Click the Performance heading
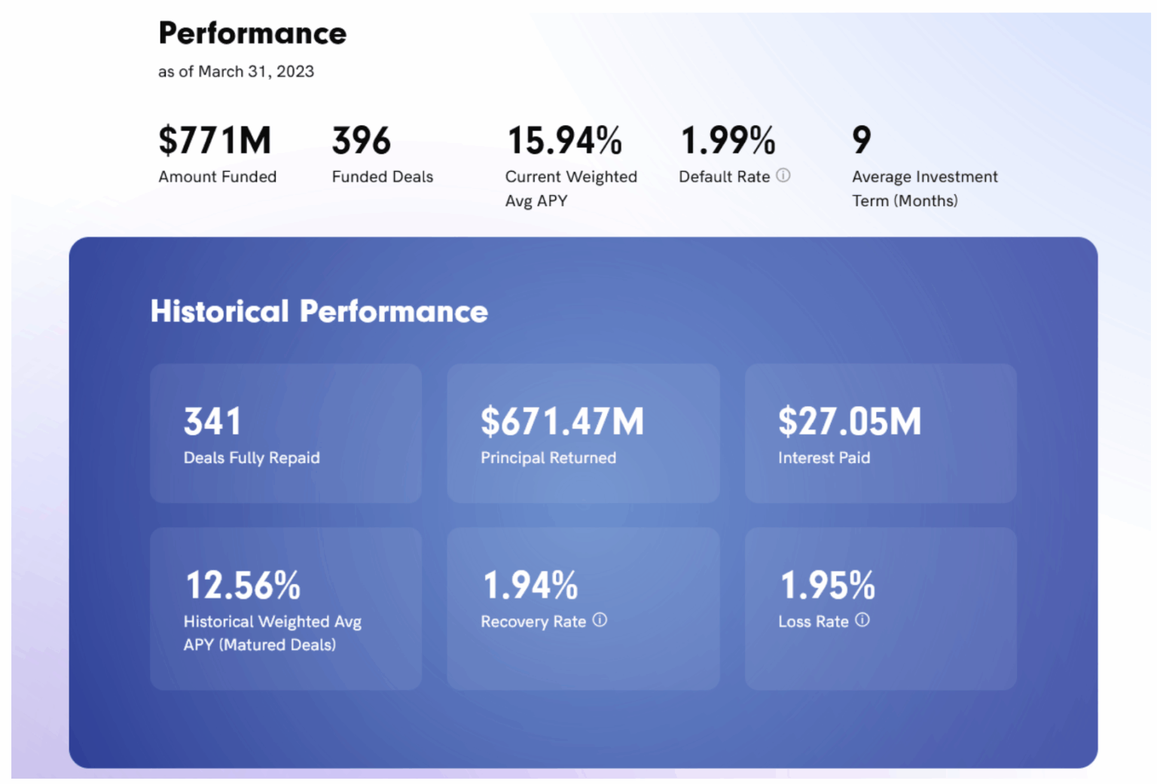pyautogui.click(x=252, y=33)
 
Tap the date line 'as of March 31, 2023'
pyautogui.click(x=236, y=72)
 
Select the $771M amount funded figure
pyautogui.click(x=215, y=140)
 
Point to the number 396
pyautogui.click(x=362, y=140)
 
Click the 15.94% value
pyautogui.click(x=565, y=140)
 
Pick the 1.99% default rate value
pyautogui.click(x=728, y=140)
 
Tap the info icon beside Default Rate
pyautogui.click(x=783, y=175)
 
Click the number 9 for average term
pyautogui.click(x=862, y=140)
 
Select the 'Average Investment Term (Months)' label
pyautogui.click(x=924, y=188)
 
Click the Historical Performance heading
pyautogui.click(x=319, y=311)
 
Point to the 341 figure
pyautogui.click(x=212, y=421)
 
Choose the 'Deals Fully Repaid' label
pyautogui.click(x=252, y=458)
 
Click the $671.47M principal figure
pyautogui.click(x=563, y=421)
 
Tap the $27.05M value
pyautogui.click(x=850, y=421)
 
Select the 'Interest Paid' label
pyautogui.click(x=824, y=458)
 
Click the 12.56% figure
pyautogui.click(x=243, y=585)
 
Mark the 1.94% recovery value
pyautogui.click(x=530, y=585)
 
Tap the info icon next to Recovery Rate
pyautogui.click(x=600, y=620)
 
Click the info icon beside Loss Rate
pyautogui.click(x=862, y=620)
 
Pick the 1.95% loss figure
pyautogui.click(x=827, y=585)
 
